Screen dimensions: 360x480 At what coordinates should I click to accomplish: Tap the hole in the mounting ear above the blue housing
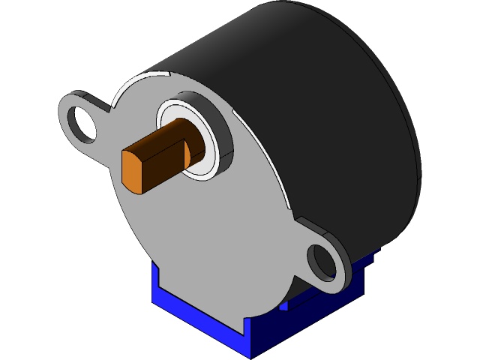[x=323, y=261]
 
